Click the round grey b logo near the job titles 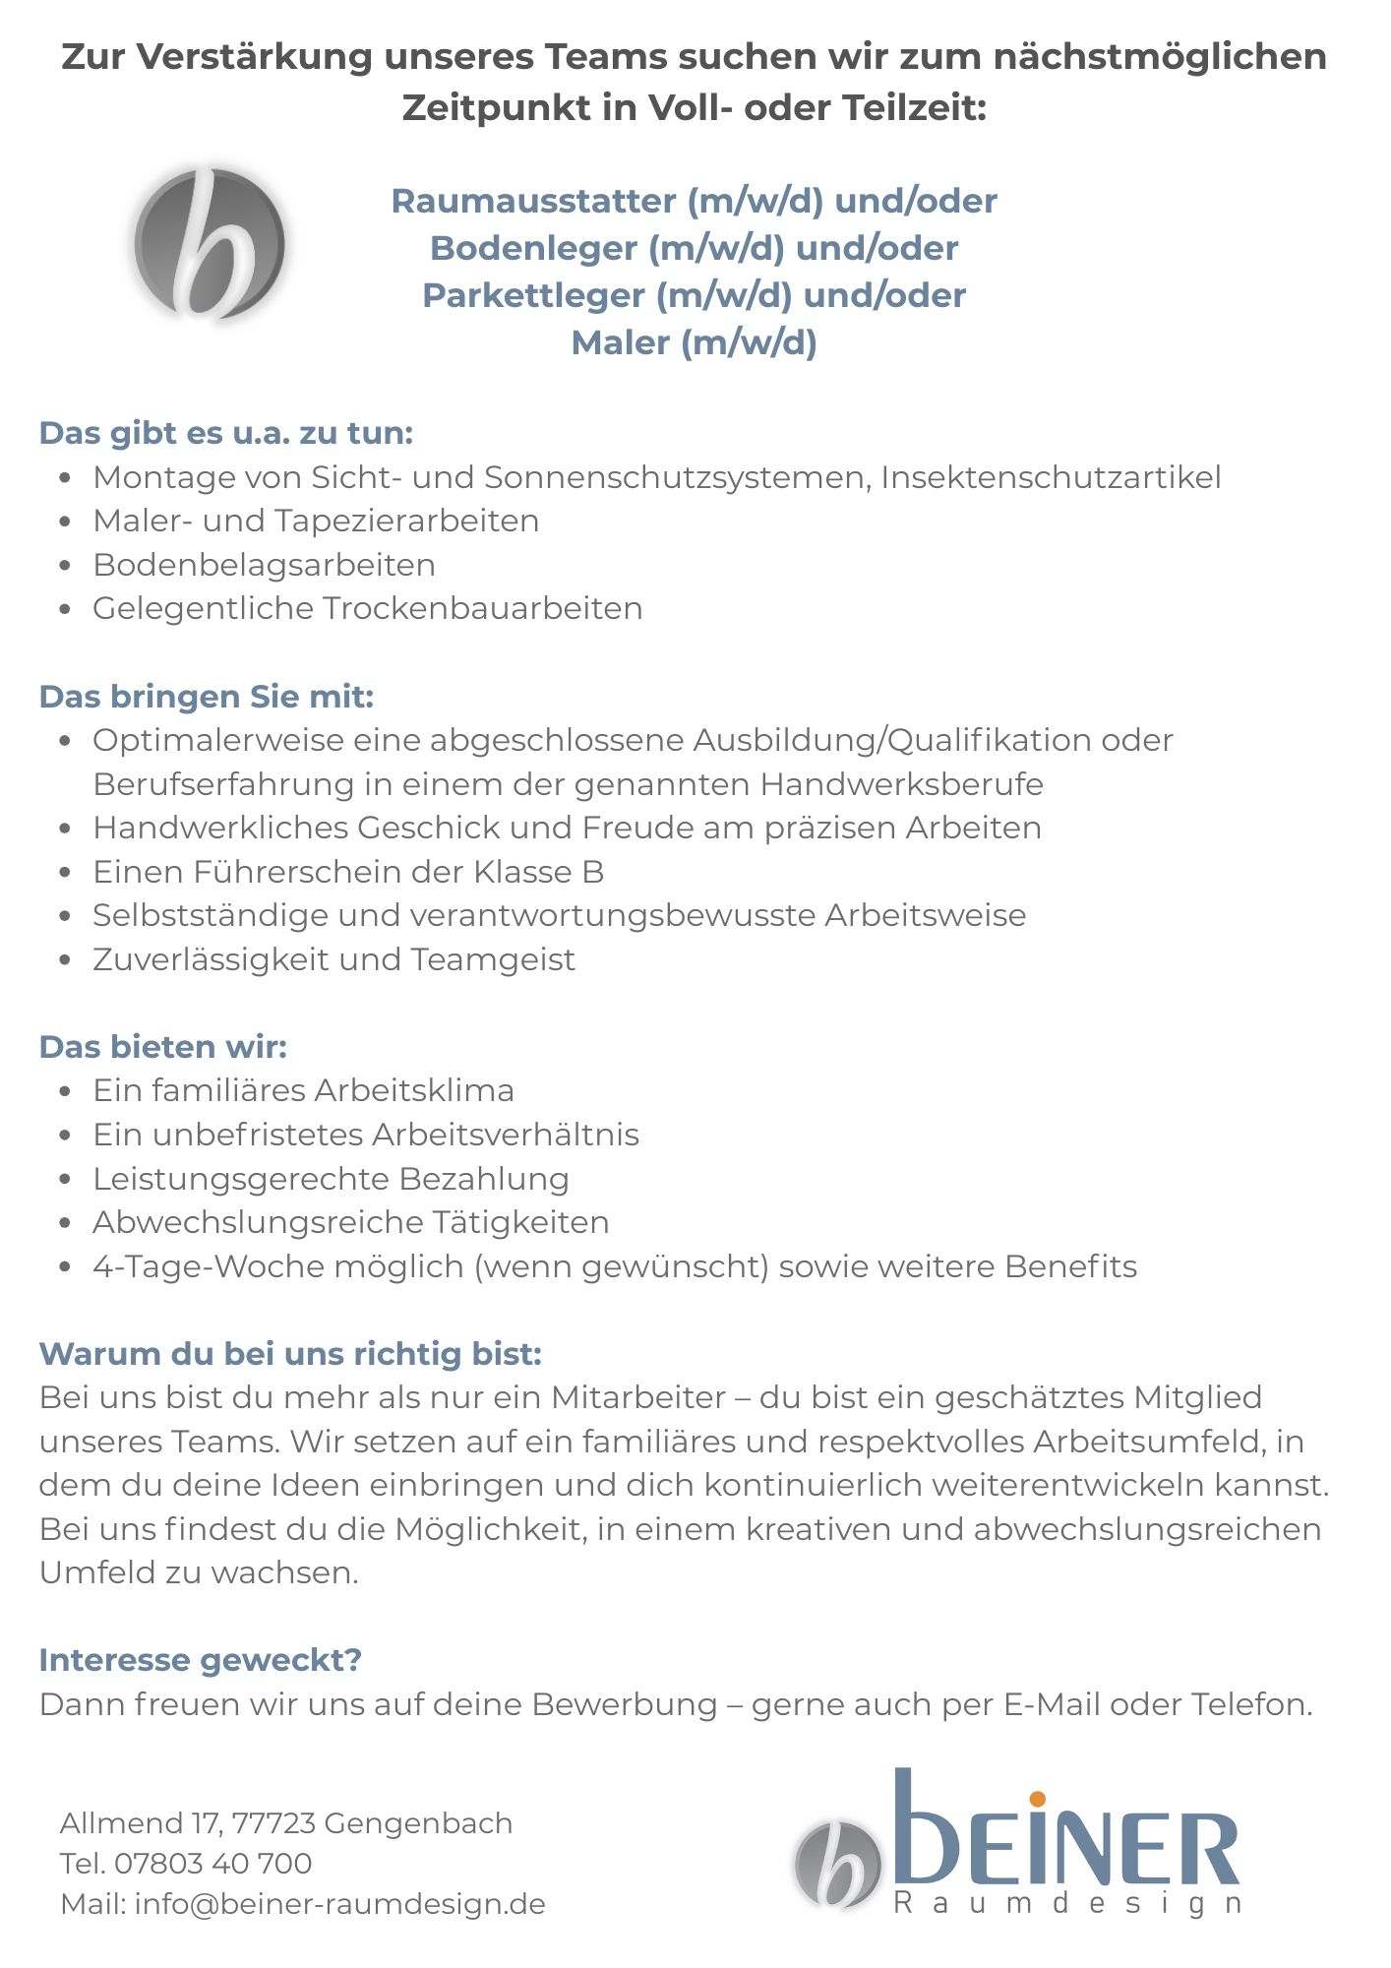pos(210,244)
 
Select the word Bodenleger pos(533,248)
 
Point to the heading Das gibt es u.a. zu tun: pos(226,433)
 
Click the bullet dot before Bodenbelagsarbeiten pos(65,566)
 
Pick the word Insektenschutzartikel pos(1051,477)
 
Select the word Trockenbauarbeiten pos(482,609)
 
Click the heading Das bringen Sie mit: pos(207,697)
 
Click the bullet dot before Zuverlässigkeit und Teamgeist pos(65,960)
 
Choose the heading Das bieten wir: pos(163,1047)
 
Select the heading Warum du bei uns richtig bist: pos(290,1354)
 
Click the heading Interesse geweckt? pos(201,1660)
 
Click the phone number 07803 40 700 pos(212,1864)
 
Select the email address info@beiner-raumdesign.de pos(339,1904)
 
